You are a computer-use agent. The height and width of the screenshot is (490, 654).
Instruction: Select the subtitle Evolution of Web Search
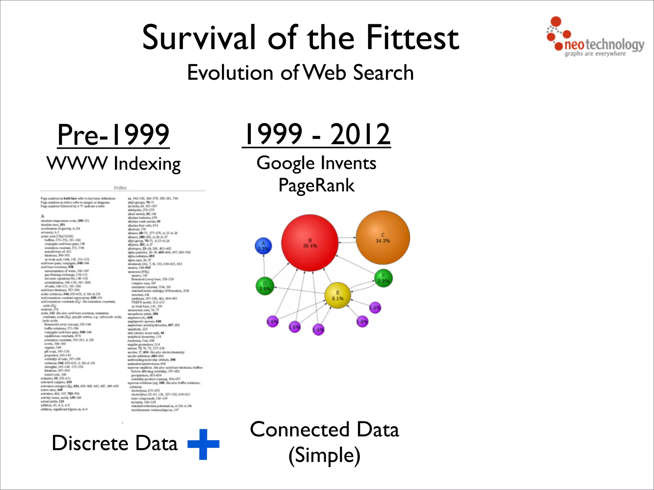(x=300, y=72)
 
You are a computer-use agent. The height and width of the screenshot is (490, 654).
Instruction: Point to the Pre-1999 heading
(x=113, y=135)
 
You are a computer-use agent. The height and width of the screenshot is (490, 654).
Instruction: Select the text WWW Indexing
(x=113, y=164)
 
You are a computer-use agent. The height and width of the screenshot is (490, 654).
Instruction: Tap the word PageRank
(x=316, y=185)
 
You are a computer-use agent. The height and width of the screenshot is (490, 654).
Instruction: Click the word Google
(x=285, y=164)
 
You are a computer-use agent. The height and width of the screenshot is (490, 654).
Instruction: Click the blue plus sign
(x=203, y=444)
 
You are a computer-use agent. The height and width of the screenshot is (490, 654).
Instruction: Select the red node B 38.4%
(x=309, y=243)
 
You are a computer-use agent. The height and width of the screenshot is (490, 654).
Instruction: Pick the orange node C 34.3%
(x=383, y=237)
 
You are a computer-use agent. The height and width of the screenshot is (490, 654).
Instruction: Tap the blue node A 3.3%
(x=263, y=246)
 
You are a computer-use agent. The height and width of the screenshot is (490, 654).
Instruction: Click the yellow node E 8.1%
(x=338, y=295)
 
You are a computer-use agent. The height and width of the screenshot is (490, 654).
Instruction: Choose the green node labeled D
(x=265, y=286)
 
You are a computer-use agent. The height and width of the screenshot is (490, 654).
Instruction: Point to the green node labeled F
(x=383, y=278)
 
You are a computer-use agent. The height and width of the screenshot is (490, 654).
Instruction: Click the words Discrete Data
(x=114, y=443)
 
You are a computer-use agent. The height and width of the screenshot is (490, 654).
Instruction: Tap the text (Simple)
(x=324, y=455)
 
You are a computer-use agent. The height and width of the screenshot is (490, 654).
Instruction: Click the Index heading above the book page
(x=120, y=188)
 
